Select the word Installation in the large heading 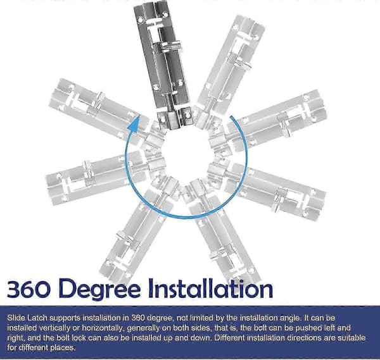click(210, 289)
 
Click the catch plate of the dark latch click(175, 118)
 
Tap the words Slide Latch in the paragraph click(27, 318)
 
